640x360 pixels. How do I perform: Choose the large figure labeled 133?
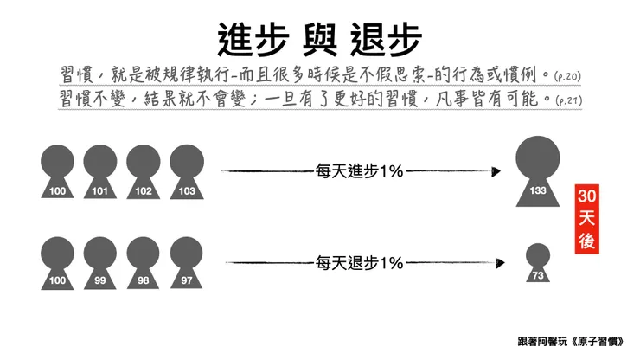pos(537,169)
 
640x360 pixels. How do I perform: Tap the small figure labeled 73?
pos(537,263)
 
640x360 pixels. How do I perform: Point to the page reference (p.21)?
pos(566,100)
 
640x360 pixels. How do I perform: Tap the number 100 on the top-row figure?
pos(58,189)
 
